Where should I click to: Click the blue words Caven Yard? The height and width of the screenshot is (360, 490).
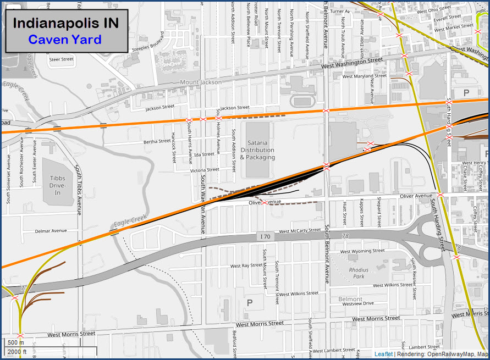65,40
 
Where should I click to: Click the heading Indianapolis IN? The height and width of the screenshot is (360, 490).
65,23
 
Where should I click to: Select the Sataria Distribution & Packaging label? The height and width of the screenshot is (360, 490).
257,150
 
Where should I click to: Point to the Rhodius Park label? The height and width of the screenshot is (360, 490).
359,273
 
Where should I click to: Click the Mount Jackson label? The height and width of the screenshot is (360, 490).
201,82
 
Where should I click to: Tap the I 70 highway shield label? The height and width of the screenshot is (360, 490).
265,236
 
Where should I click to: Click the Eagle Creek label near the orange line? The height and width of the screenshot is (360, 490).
129,221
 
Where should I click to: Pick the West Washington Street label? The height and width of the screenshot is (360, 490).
351,63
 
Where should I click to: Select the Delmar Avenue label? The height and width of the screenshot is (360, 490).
51,231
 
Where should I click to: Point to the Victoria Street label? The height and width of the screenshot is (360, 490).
204,170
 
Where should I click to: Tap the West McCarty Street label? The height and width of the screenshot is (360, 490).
300,231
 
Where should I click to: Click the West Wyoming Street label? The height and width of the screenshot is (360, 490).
362,252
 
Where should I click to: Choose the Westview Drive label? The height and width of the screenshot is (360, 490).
357,303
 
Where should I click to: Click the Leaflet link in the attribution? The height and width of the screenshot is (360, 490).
383,355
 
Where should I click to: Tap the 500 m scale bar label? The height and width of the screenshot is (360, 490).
13,342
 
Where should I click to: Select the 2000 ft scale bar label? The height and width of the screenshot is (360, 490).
16,352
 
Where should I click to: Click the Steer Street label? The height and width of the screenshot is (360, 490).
61,59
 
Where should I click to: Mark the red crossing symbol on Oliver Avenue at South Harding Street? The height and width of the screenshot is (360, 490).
440,195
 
